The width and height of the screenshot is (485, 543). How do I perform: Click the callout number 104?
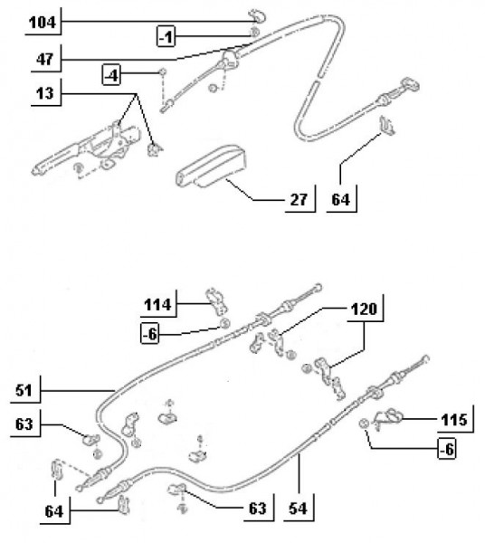click(x=43, y=23)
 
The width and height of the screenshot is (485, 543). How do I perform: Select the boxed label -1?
click(x=166, y=36)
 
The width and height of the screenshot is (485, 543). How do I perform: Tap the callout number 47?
click(x=45, y=59)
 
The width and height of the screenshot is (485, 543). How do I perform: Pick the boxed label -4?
click(x=111, y=75)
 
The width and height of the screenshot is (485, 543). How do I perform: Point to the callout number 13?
click(x=45, y=93)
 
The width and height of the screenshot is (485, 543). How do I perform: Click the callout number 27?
click(x=299, y=199)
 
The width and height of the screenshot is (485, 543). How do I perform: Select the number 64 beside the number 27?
click(x=340, y=199)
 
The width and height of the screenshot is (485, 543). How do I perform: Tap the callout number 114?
click(x=157, y=305)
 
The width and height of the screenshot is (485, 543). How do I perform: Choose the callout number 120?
click(x=364, y=309)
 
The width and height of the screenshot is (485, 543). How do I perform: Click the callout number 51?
click(x=24, y=390)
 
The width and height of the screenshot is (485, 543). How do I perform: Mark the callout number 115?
click(x=454, y=420)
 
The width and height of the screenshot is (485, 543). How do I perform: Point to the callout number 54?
click(x=298, y=509)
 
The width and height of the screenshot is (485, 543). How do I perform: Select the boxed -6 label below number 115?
click(x=447, y=449)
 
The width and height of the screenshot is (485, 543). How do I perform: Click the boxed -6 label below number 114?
click(x=150, y=334)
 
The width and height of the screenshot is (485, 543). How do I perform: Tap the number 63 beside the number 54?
click(x=258, y=509)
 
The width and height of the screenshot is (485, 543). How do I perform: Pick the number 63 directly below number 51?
click(x=24, y=424)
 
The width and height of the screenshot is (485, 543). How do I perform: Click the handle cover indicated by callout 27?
click(x=211, y=167)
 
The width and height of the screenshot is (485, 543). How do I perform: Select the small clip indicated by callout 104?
click(x=256, y=16)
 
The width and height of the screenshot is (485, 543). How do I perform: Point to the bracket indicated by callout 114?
click(x=216, y=300)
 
